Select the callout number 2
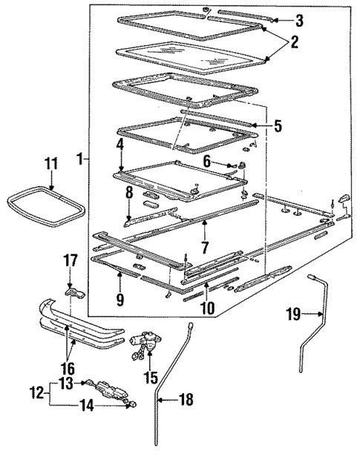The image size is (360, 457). click(295, 42)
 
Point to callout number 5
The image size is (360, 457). click(278, 125)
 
